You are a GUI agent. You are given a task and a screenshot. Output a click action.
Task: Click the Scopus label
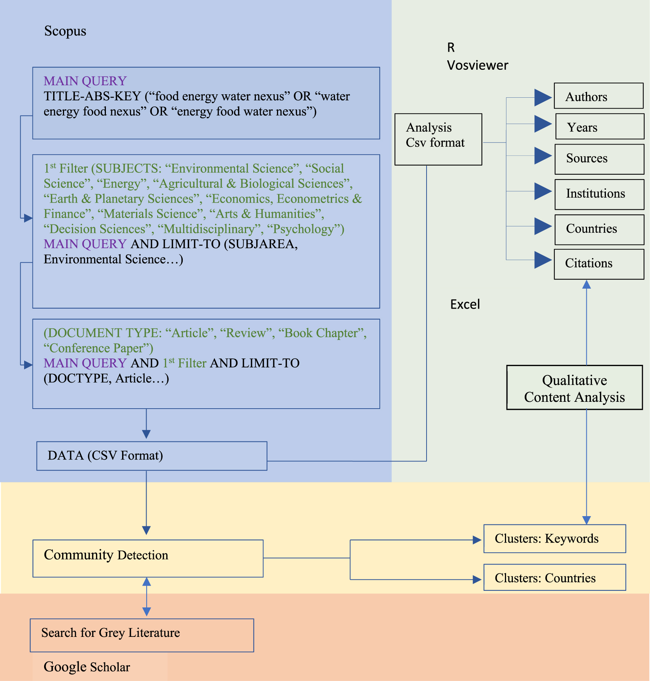(x=65, y=31)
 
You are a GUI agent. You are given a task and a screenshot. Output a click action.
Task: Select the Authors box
(x=598, y=96)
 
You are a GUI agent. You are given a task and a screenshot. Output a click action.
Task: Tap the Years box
(x=600, y=127)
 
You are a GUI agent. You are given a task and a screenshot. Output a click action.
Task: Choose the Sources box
(x=599, y=159)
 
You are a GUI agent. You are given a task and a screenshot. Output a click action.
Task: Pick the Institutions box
(x=599, y=194)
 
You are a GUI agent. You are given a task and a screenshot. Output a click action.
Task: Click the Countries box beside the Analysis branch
(x=599, y=229)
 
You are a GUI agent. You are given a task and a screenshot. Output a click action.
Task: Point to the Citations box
(x=599, y=264)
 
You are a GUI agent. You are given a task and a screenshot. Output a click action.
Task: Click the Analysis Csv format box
(x=438, y=139)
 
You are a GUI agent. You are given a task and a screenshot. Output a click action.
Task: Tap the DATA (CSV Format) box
(x=151, y=456)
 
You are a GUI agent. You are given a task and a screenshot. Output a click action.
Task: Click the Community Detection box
(x=148, y=558)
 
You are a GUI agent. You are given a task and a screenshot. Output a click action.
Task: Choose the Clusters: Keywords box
(x=554, y=538)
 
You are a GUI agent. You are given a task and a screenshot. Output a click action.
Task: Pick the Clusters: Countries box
(x=554, y=577)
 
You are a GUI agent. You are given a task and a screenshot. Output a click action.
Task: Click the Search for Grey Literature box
(x=142, y=635)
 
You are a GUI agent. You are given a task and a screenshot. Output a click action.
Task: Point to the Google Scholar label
(x=87, y=667)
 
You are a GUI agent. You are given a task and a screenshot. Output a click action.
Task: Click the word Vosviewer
(x=477, y=65)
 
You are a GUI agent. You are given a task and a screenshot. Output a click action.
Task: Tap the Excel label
(x=465, y=304)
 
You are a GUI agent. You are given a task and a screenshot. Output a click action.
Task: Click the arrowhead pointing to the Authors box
(x=543, y=98)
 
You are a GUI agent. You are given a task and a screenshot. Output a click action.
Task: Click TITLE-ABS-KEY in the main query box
(x=92, y=96)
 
